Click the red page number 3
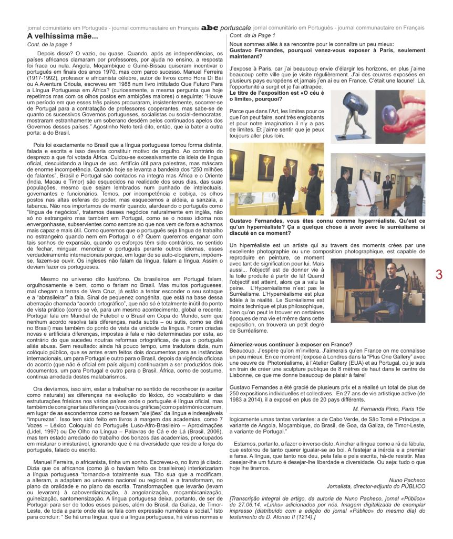pyautogui.click(x=439, y=274)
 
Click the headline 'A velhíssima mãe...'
pyautogui.click(x=63, y=36)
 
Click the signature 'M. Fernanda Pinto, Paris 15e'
pyautogui.click(x=389, y=408)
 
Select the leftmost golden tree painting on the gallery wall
pyautogui.click(x=238, y=164)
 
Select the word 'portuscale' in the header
pyautogui.click(x=235, y=27)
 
